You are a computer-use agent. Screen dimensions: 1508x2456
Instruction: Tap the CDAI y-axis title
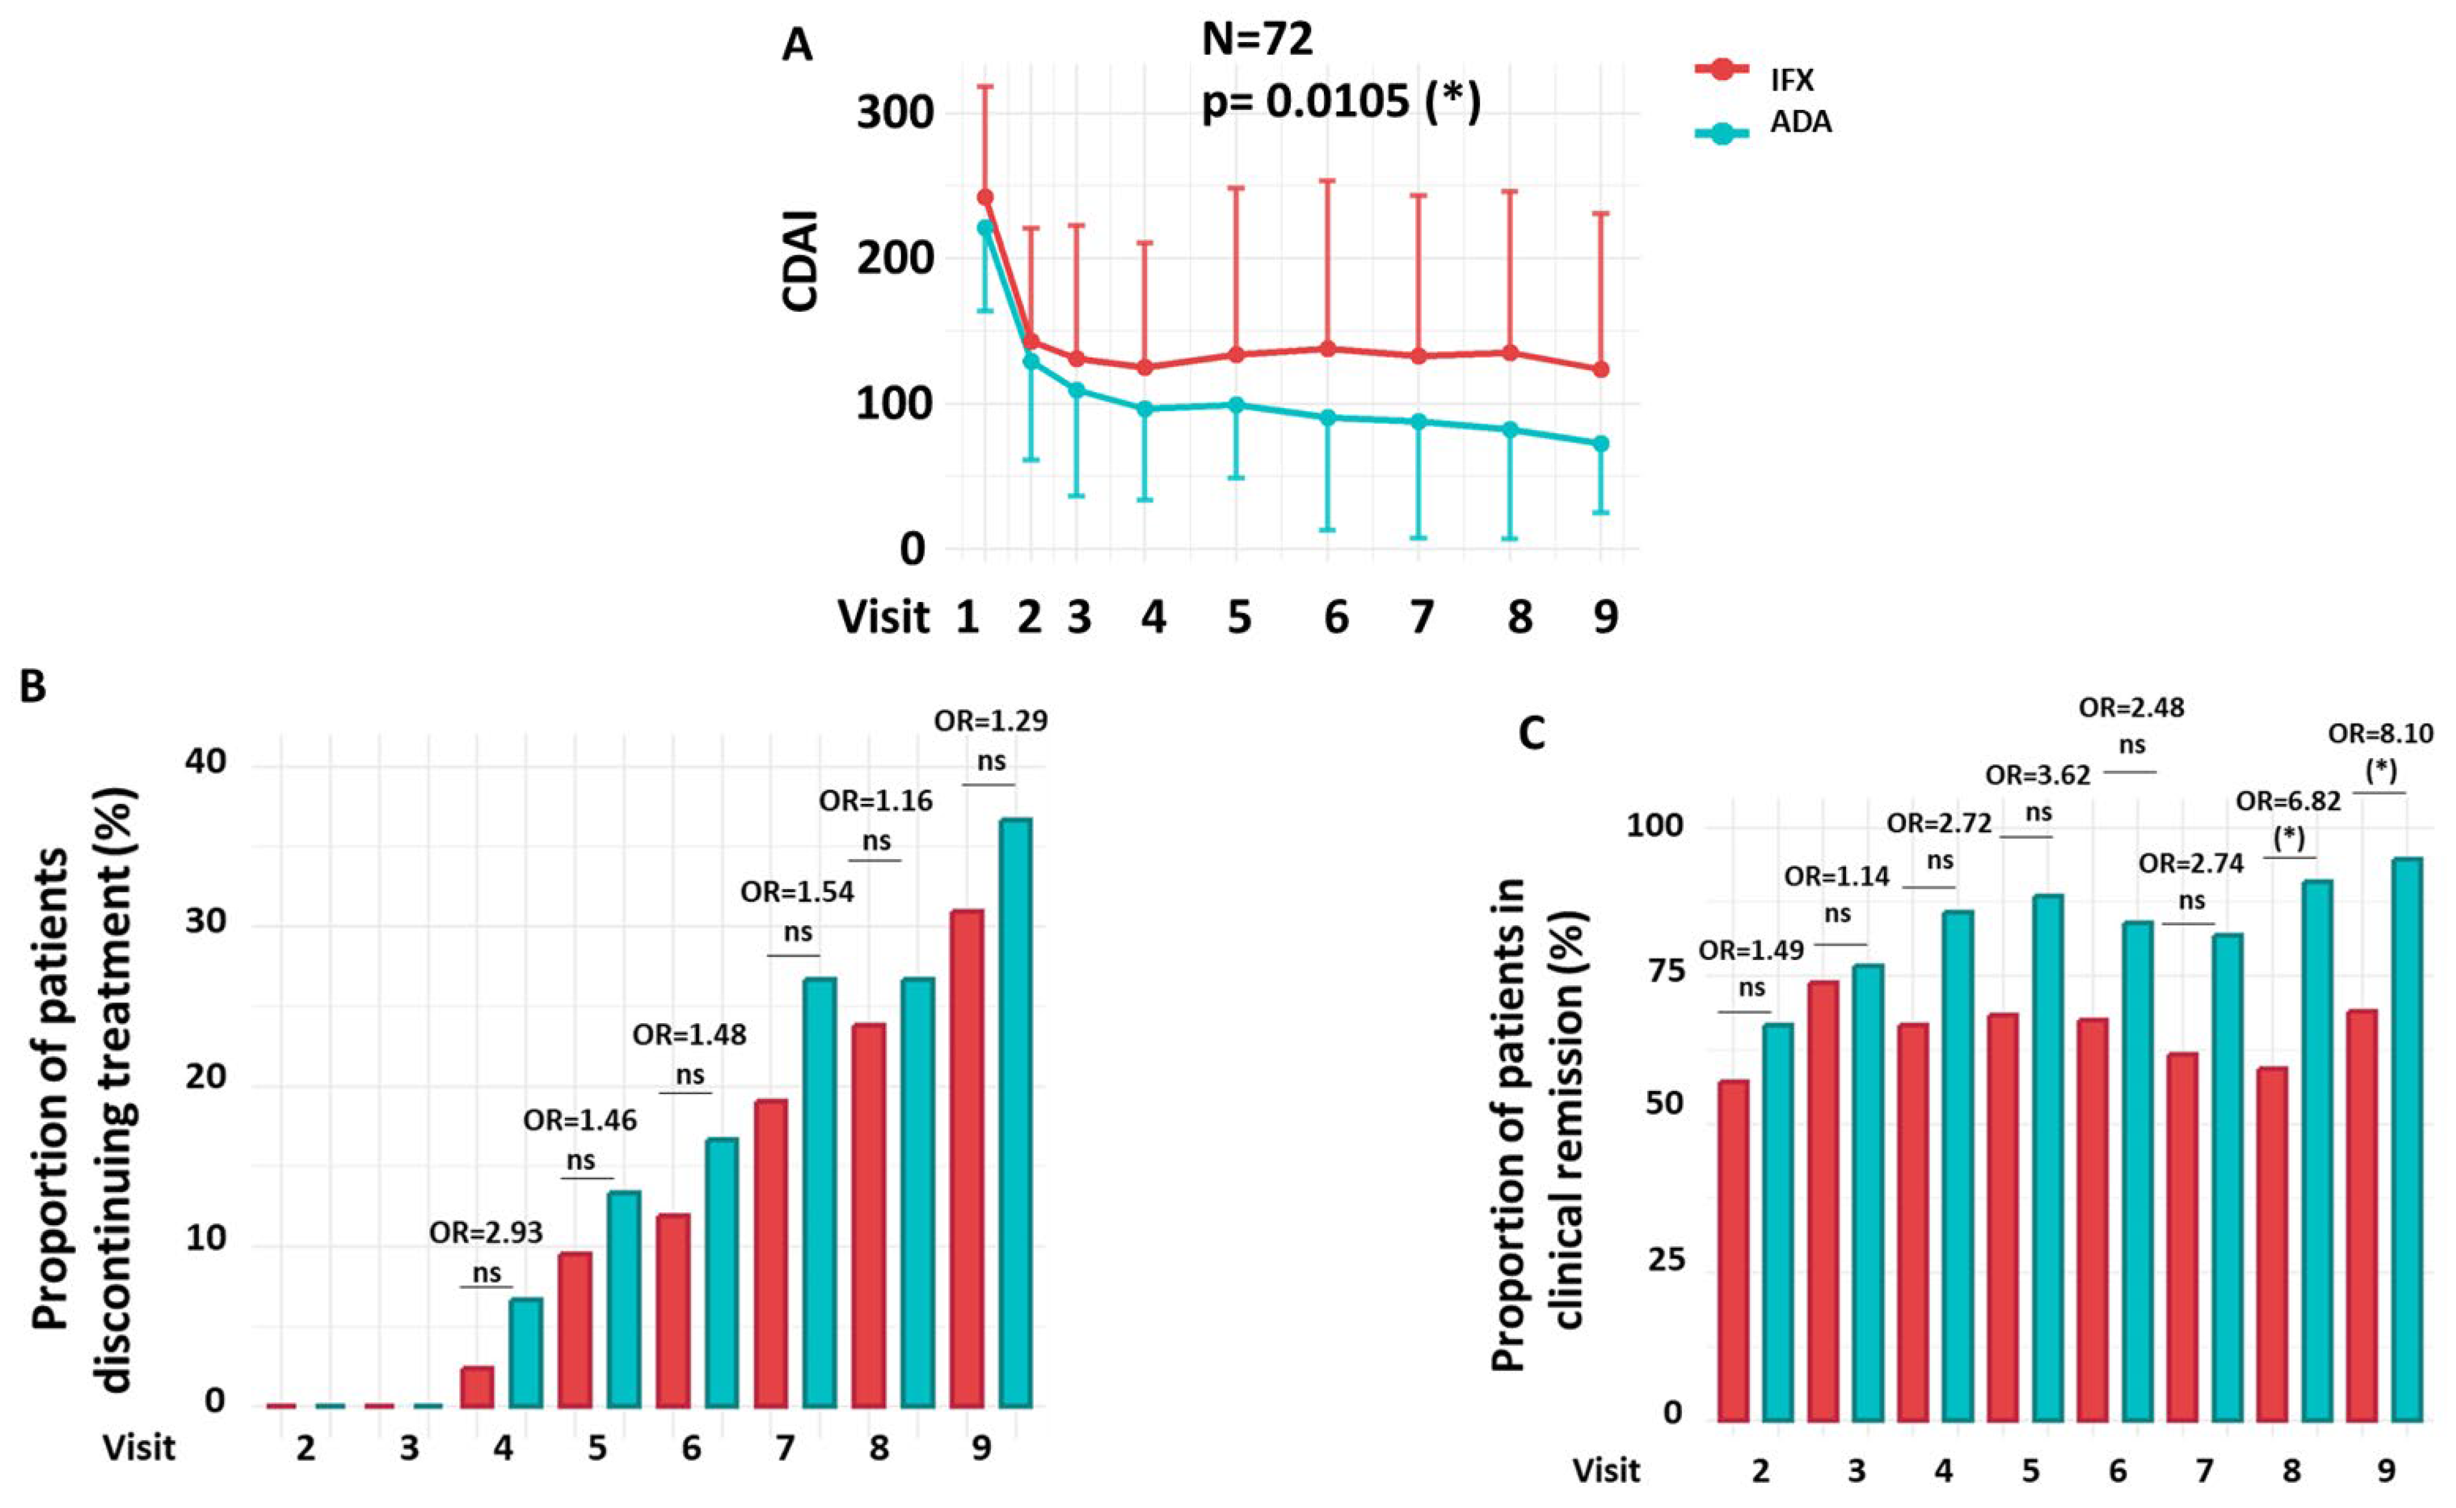800,261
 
